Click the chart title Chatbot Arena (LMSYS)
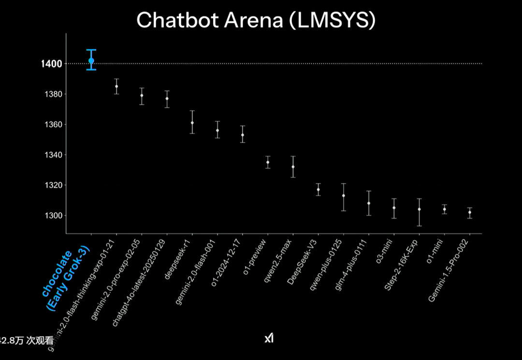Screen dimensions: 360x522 pos(256,20)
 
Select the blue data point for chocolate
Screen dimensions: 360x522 pos(91,60)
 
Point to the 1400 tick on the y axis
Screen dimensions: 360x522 pos(51,64)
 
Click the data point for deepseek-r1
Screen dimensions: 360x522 pos(192,123)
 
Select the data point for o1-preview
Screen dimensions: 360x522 pos(268,162)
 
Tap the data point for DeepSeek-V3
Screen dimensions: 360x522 pos(318,189)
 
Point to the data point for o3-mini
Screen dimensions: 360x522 pos(394,208)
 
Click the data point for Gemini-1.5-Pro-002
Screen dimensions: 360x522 pos(470,212)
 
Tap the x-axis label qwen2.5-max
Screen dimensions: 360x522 pos(277,259)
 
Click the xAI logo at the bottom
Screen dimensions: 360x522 pos(269,338)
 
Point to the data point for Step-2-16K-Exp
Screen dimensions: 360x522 pos(419,209)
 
